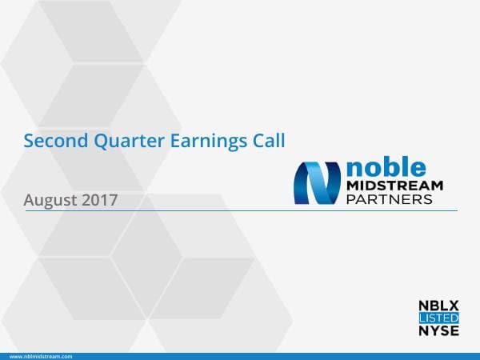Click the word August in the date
point(50,199)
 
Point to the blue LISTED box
point(439,318)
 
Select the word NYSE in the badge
point(439,330)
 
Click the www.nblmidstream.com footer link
point(41,355)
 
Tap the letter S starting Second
point(29,142)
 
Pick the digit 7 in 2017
point(114,199)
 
